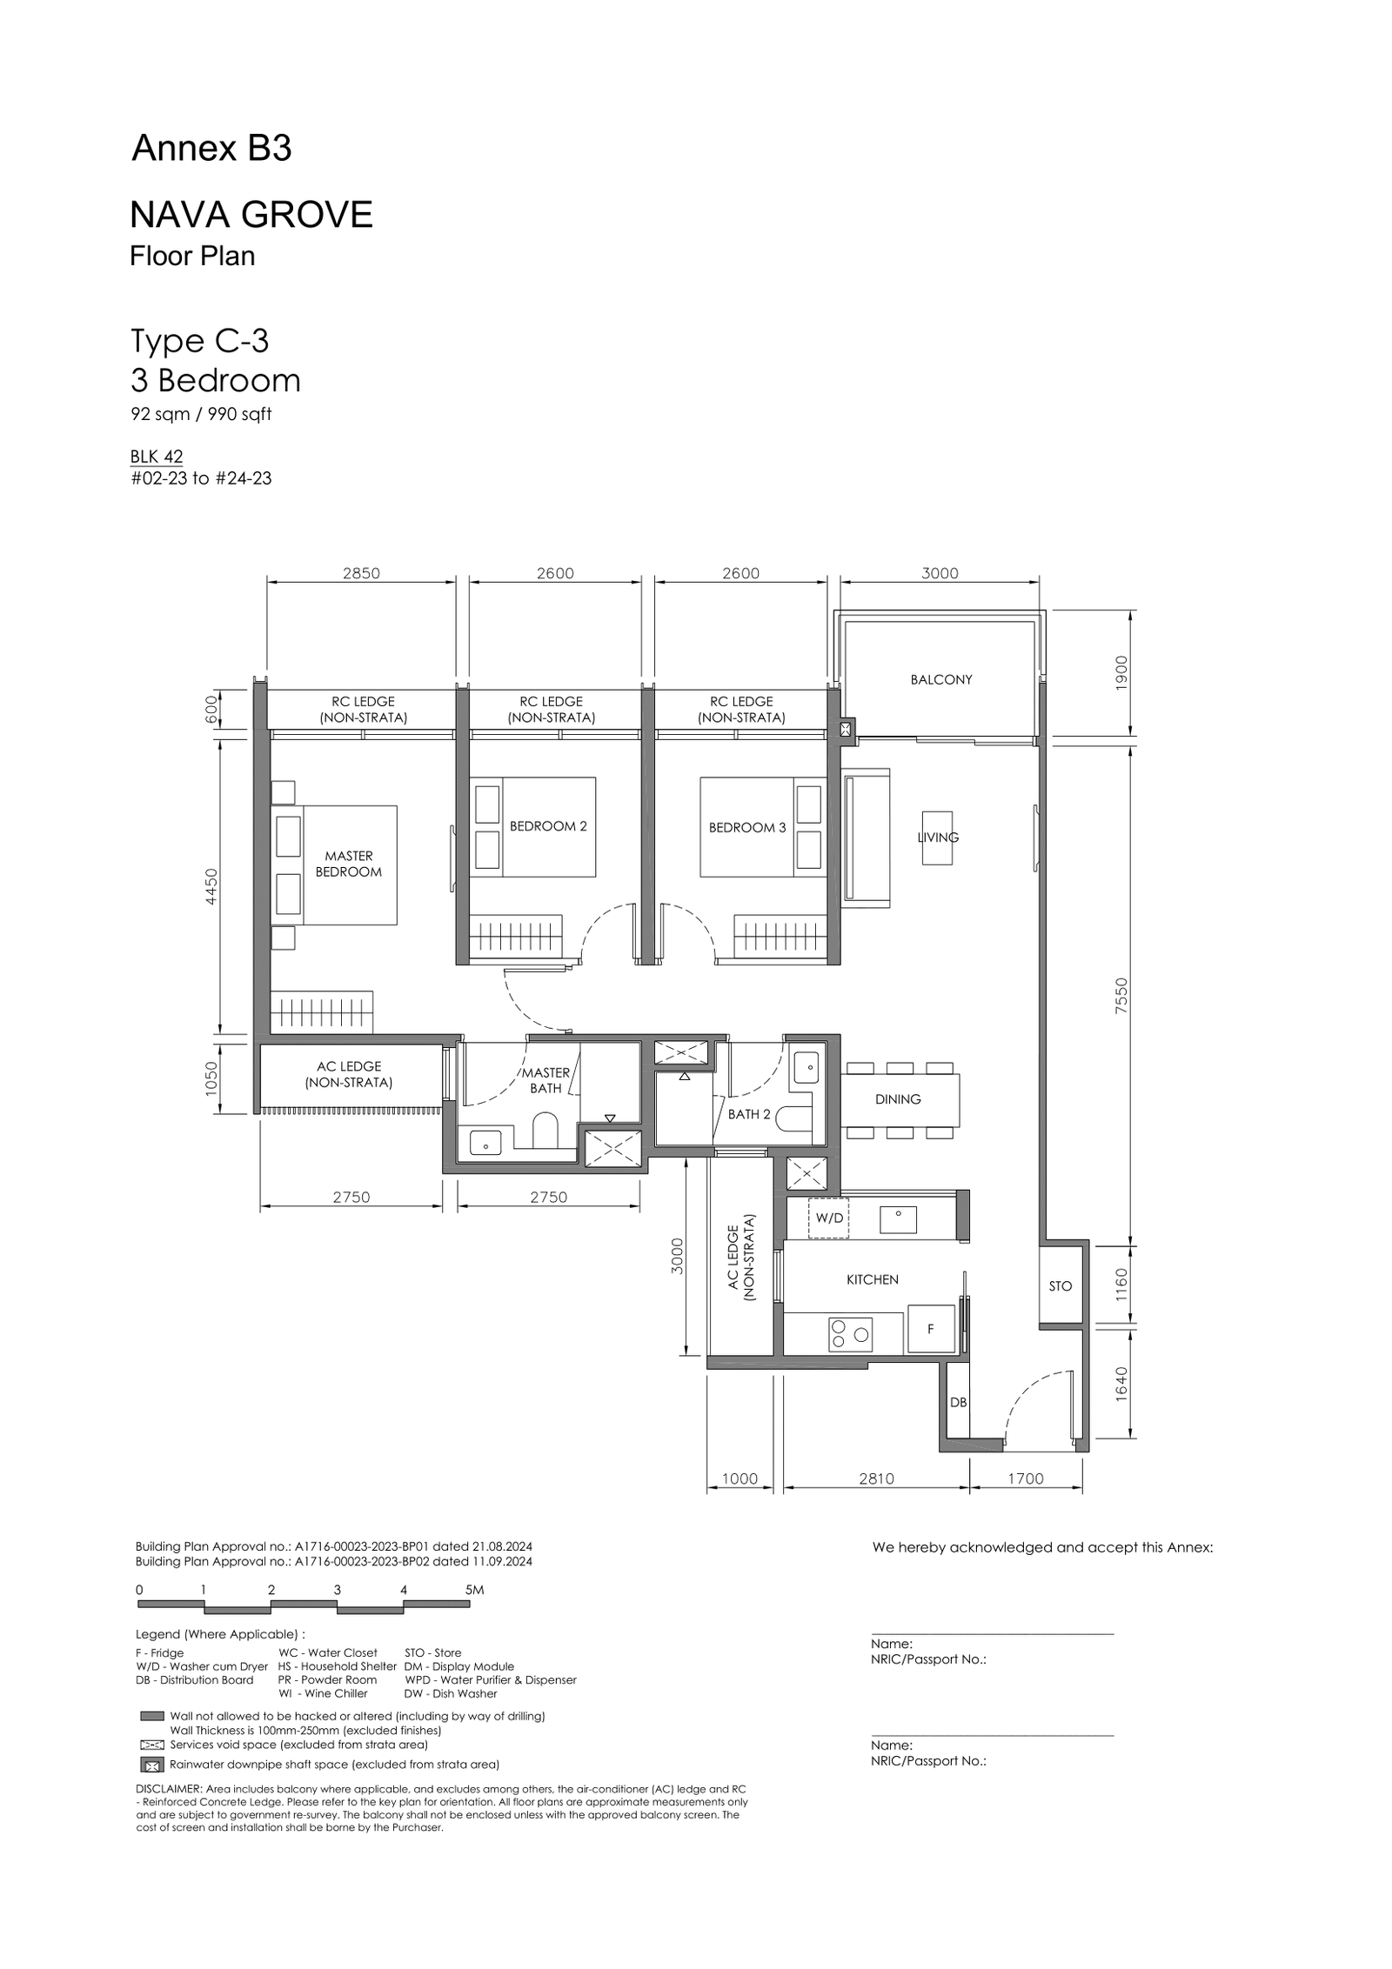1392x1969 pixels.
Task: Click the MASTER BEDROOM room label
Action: [348, 864]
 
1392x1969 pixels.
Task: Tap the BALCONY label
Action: [940, 679]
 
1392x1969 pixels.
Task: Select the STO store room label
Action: [1060, 1285]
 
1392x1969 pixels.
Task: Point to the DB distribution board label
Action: [958, 1402]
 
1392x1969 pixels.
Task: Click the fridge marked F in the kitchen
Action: [931, 1328]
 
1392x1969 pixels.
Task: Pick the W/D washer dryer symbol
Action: [828, 1218]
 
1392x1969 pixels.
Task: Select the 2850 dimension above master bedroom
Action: [361, 573]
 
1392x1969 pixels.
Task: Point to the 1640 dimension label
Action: [1121, 1383]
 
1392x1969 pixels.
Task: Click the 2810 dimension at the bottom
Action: [876, 1478]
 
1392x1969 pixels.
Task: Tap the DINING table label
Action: [898, 1099]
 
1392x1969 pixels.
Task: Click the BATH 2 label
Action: [749, 1114]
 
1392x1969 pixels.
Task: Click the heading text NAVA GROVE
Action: [251, 214]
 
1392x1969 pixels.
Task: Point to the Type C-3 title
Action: [199, 341]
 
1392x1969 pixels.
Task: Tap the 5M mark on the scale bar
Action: [474, 1590]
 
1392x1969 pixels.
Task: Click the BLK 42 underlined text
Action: [157, 457]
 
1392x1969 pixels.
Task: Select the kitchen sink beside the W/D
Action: [898, 1219]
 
